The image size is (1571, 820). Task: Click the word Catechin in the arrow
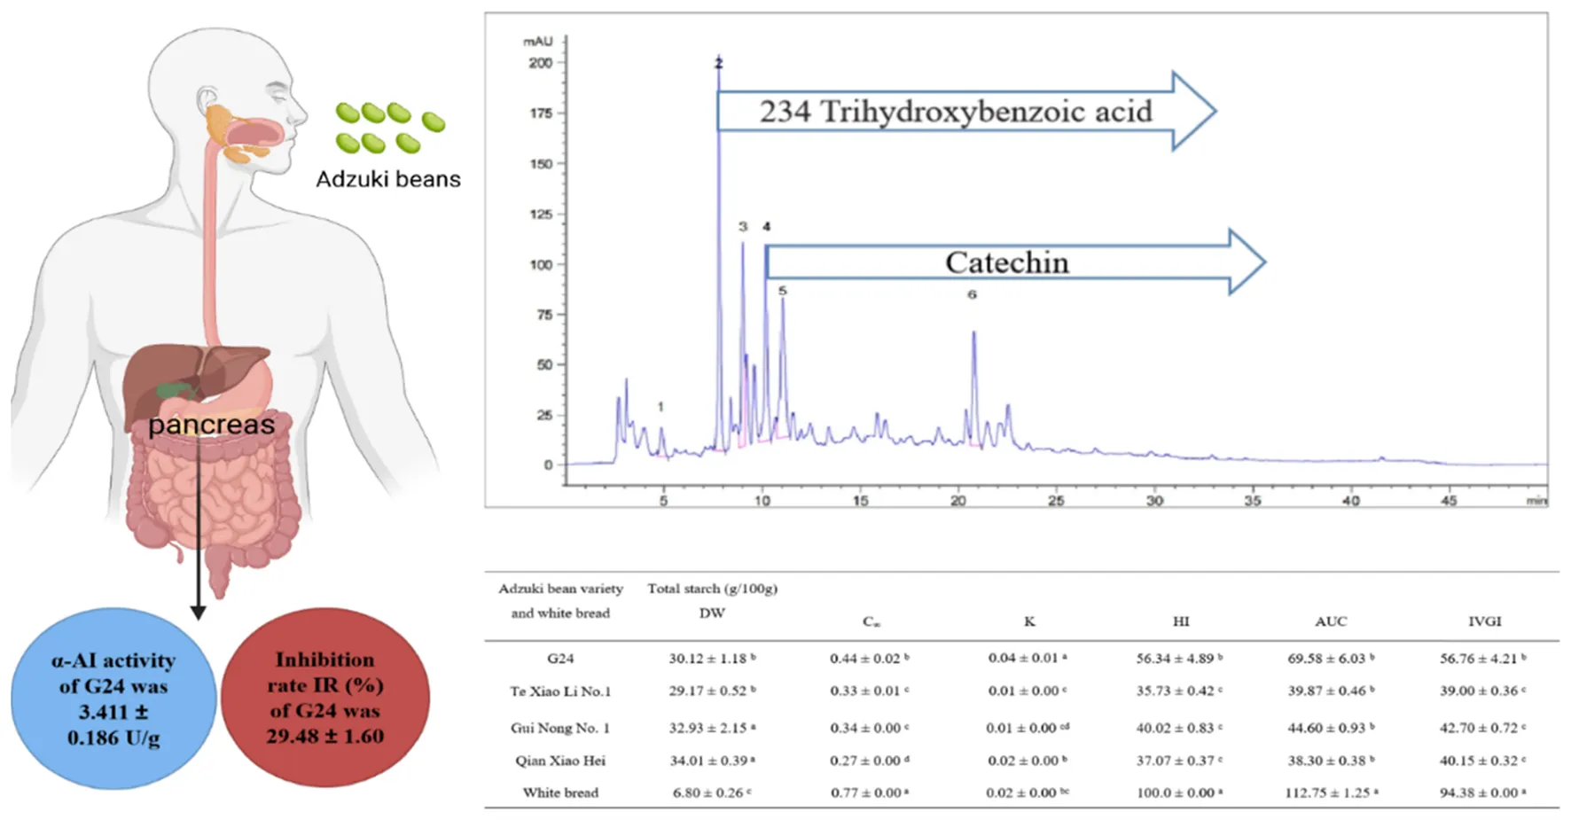[x=1006, y=262]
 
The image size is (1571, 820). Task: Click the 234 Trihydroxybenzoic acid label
[x=955, y=112]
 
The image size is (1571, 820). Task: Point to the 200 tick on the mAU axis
[x=541, y=63]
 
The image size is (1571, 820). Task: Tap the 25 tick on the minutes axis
[x=1056, y=501]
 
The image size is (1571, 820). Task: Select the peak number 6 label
[x=972, y=294]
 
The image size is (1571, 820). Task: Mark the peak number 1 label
[x=660, y=407]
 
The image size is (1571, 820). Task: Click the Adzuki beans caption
[x=388, y=179]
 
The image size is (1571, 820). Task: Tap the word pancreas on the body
[x=211, y=425]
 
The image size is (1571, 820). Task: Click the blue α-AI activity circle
[x=113, y=699]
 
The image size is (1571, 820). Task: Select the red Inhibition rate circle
[x=324, y=698]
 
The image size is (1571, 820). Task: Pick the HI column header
[x=1181, y=621]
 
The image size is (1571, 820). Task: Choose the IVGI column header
[x=1484, y=621]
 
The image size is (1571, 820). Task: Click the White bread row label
[x=560, y=793]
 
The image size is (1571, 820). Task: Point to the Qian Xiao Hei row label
[x=560, y=761]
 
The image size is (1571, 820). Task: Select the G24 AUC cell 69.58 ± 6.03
[x=1331, y=659]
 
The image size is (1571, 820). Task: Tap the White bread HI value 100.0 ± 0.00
[x=1178, y=793]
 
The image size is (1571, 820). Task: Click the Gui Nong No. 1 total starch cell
[x=712, y=728]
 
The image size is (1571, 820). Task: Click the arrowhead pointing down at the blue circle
[x=199, y=613]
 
